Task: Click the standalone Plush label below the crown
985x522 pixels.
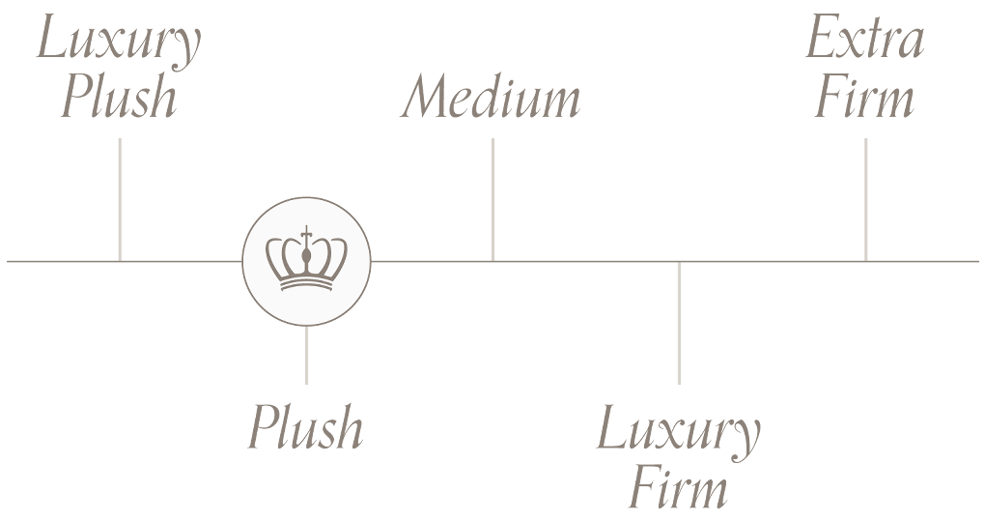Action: click(306, 427)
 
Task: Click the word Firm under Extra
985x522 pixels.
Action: click(865, 99)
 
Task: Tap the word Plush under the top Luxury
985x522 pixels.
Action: click(119, 99)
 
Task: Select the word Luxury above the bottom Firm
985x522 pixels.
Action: click(678, 431)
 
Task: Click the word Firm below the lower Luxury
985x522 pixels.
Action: click(678, 489)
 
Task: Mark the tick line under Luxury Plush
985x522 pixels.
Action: click(119, 198)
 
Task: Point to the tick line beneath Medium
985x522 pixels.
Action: click(492, 198)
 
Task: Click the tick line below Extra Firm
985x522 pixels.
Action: click(865, 198)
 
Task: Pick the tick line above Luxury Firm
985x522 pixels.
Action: click(678, 323)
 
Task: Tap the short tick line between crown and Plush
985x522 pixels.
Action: click(306, 356)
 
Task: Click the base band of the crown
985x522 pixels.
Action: click(306, 284)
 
